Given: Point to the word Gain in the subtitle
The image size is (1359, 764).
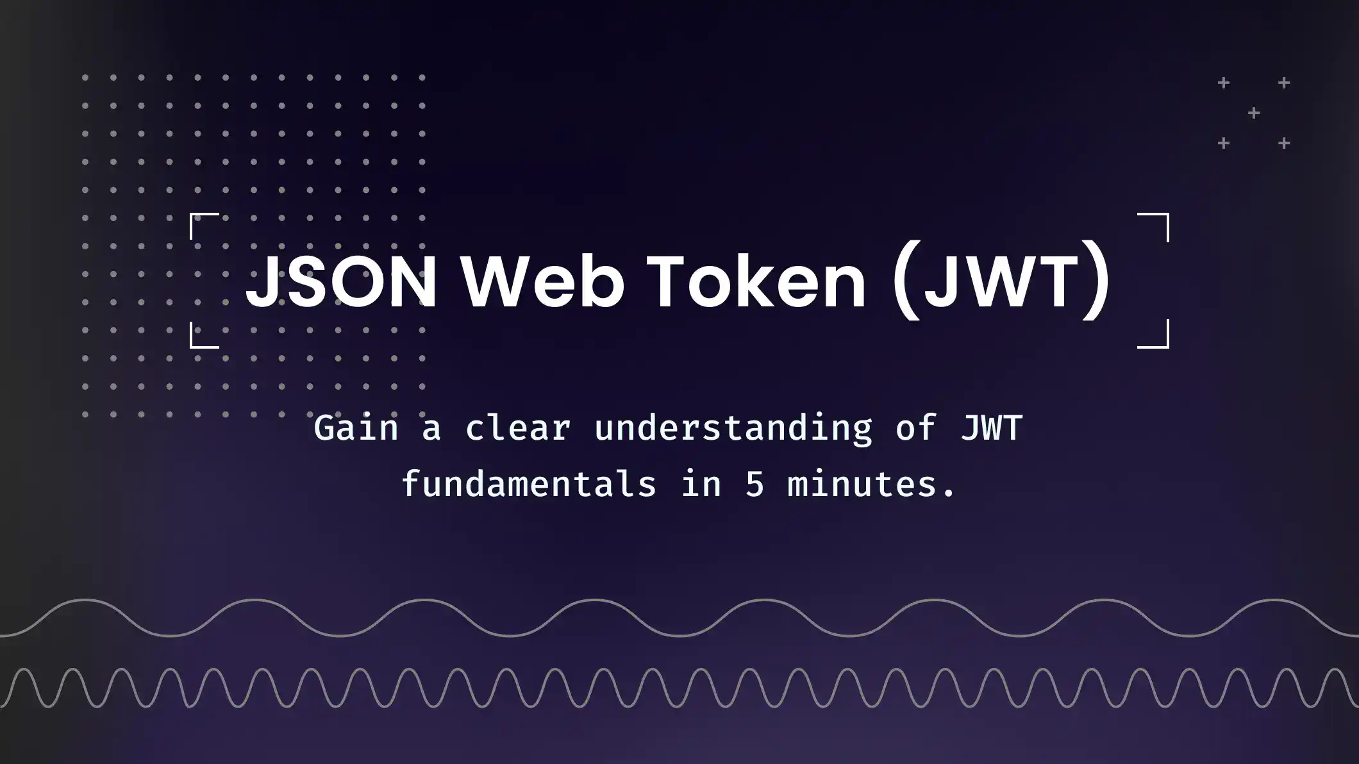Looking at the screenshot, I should point(356,428).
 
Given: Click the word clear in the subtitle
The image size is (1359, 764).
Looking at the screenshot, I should point(518,428).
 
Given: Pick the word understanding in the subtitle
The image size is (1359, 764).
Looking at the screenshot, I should point(733,428).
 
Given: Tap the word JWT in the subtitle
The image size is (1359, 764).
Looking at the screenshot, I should point(992,428).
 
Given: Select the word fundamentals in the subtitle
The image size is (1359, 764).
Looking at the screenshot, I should point(529,484).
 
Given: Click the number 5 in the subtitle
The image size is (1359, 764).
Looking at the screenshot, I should point(755,484).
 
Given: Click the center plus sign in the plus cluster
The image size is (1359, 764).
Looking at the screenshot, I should point(1254,113).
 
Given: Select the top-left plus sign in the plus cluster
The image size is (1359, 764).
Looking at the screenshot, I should point(1224,83).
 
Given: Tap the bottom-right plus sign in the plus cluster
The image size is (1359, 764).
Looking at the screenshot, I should point(1284,144).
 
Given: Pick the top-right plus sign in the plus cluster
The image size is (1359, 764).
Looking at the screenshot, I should point(1284,83).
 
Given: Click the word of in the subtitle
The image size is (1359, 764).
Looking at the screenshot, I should point(917,428).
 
